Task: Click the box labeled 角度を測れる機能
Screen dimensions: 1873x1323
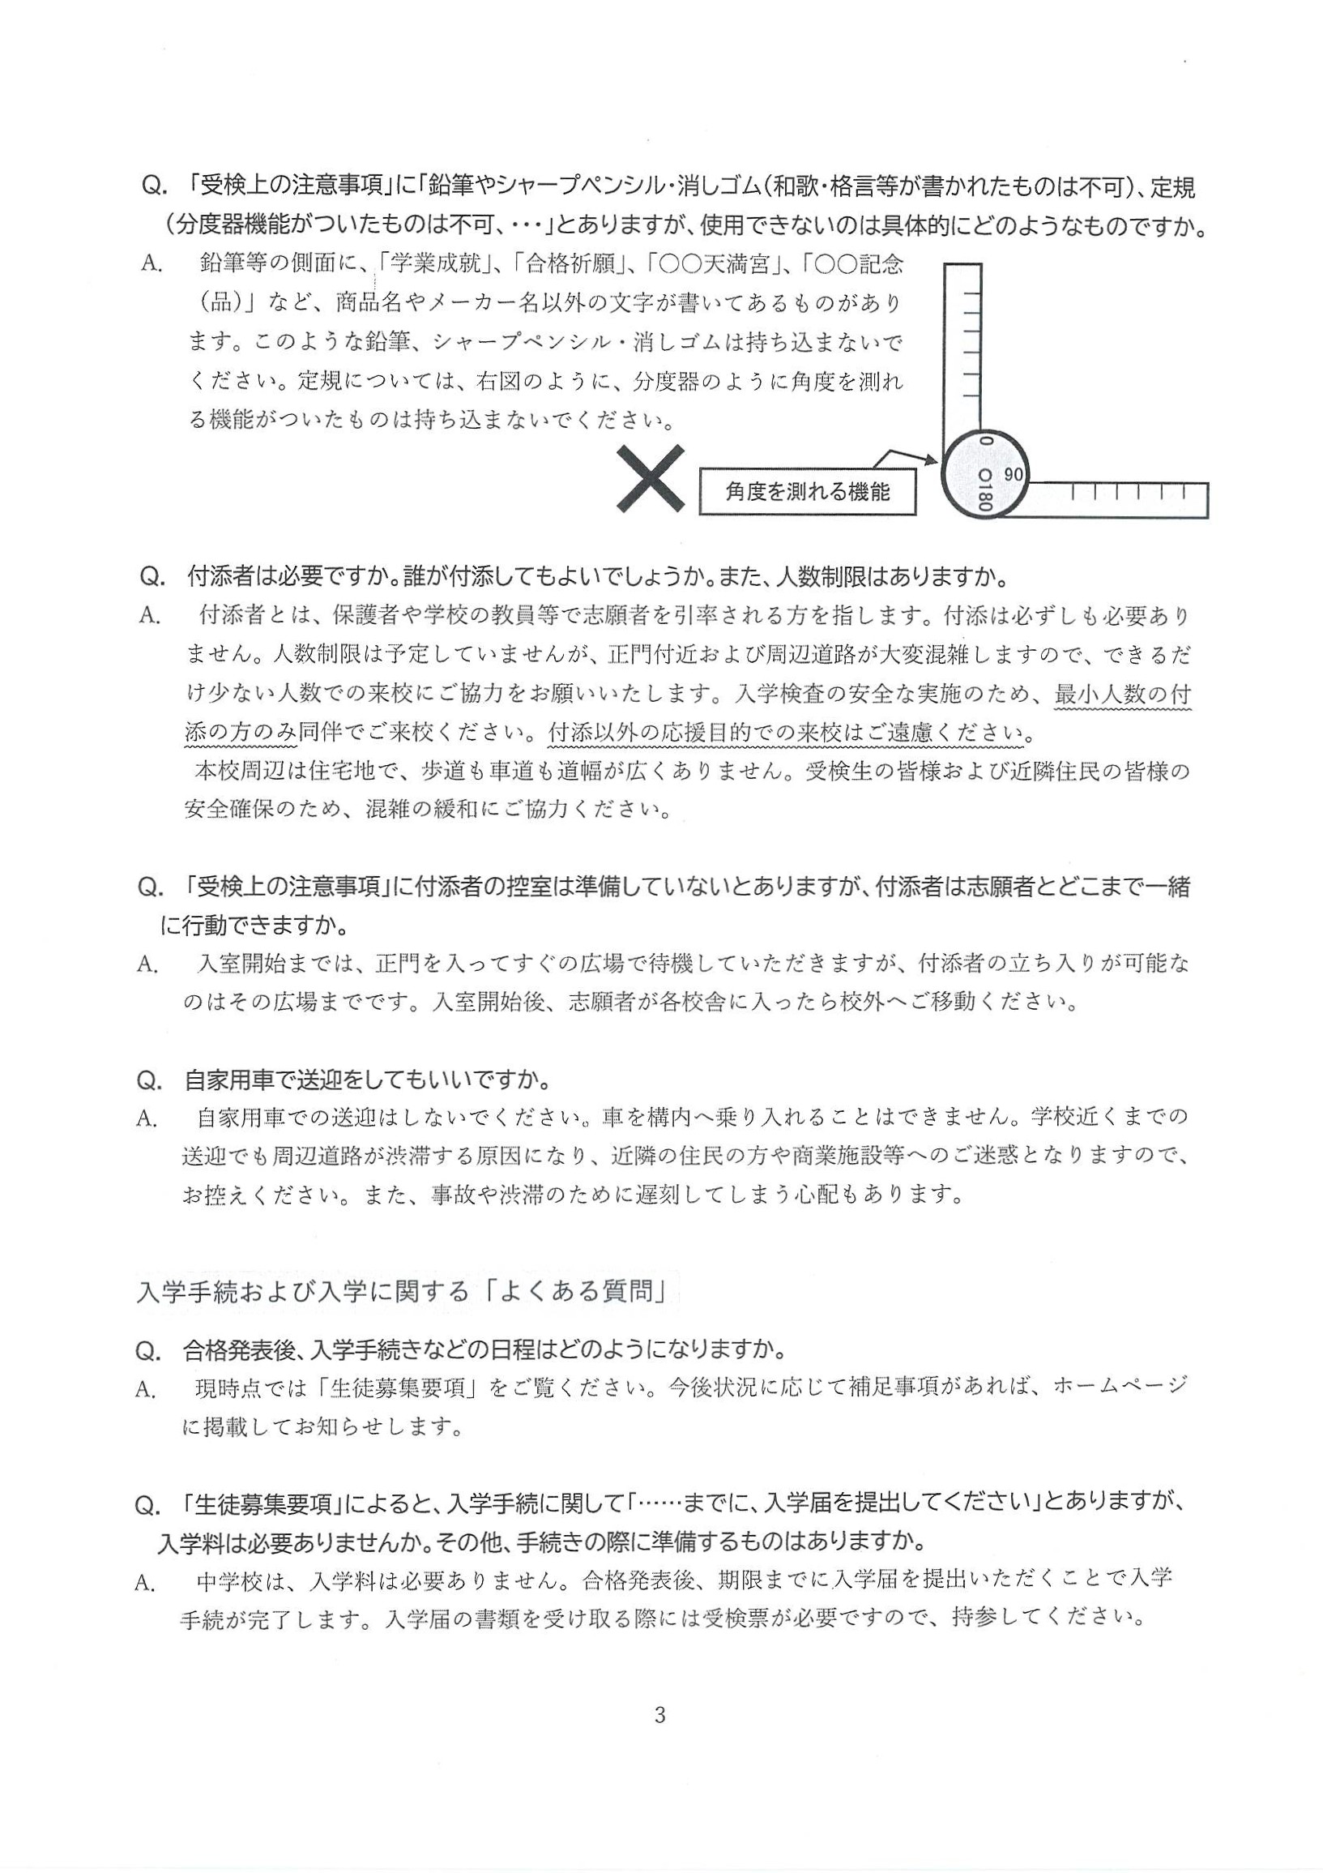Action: pos(807,492)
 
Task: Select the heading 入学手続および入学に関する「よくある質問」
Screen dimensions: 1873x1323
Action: pos(403,1291)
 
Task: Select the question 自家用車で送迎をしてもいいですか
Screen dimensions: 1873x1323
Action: pos(367,1080)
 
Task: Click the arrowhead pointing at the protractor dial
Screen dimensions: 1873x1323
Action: pos(931,461)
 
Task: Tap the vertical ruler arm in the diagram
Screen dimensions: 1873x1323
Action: pos(963,343)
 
